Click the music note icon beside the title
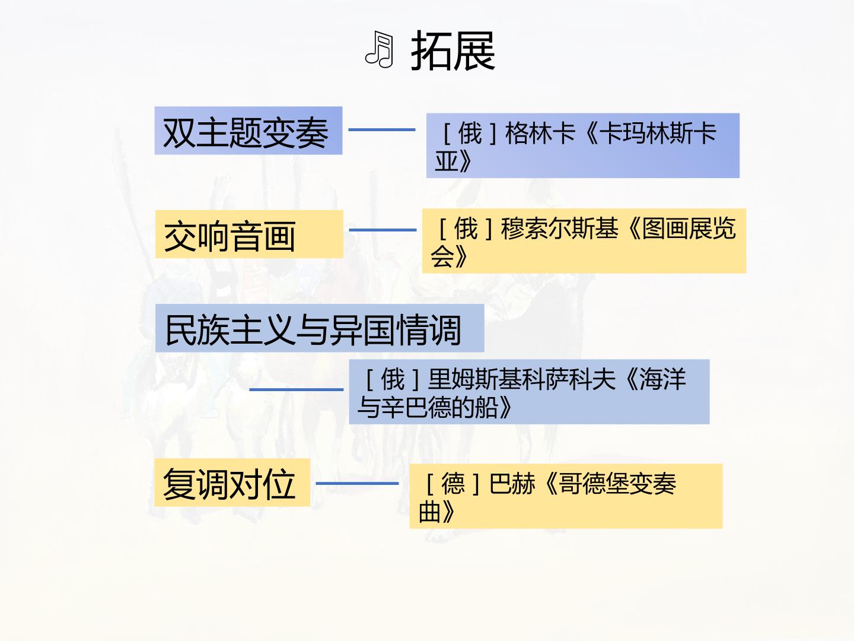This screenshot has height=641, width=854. coord(379,49)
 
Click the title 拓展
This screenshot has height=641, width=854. coord(453,51)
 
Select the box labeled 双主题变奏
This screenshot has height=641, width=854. coord(248,131)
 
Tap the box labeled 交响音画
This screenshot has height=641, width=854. coord(249,234)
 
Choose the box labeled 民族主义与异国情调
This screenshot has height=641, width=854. coord(320,328)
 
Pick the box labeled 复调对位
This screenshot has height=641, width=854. coord(232,482)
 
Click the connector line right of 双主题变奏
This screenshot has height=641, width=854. coord(382,129)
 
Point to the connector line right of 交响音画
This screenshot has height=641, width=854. coord(383,230)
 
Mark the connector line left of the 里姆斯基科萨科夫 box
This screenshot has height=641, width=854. coord(296,389)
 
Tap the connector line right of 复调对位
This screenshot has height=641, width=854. coord(357,483)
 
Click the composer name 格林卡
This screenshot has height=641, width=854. coord(540,133)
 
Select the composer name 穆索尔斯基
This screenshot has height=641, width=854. coord(559,228)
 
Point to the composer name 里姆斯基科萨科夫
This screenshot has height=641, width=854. coord(521,379)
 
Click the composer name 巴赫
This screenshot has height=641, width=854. coord(512,483)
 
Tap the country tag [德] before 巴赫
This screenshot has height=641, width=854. coord(453,483)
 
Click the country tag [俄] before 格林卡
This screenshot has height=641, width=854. coord(470,133)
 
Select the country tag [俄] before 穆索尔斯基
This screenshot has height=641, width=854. coord(466,228)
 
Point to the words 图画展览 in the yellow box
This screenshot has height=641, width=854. coord(689,228)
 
